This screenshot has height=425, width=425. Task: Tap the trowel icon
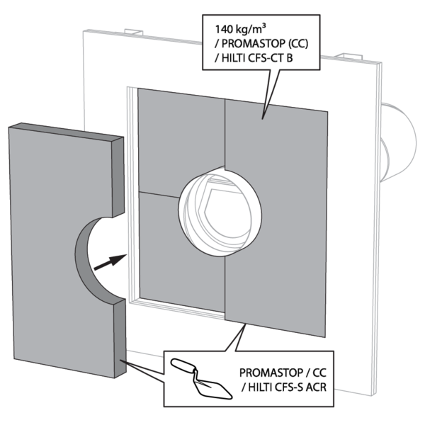[202, 379]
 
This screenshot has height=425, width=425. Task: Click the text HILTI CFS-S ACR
[287, 387]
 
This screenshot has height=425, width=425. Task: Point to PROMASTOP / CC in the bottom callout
[283, 373]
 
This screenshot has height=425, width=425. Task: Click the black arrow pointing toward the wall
[110, 262]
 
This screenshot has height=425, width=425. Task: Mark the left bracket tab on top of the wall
[134, 32]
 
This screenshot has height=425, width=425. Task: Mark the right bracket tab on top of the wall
[348, 56]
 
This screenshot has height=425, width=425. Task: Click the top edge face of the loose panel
[66, 132]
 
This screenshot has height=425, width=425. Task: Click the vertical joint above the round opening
[225, 133]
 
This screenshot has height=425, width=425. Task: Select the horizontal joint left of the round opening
[159, 195]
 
